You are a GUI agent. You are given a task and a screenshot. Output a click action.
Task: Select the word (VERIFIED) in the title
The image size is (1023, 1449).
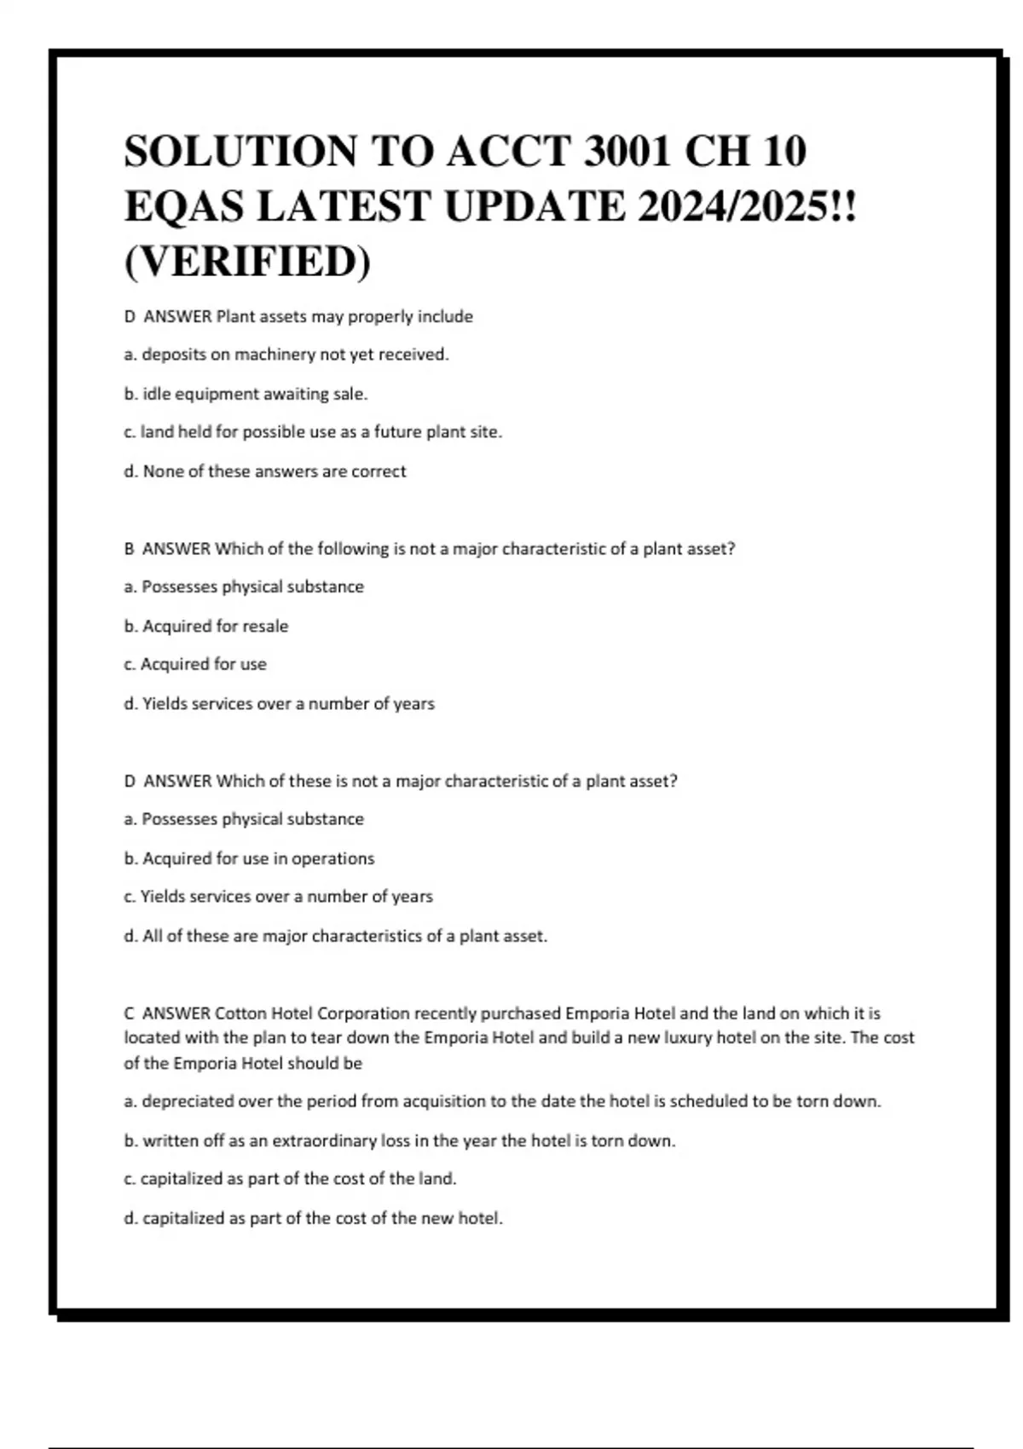click(x=247, y=261)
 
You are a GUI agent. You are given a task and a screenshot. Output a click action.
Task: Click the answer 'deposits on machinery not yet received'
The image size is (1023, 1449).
click(x=286, y=355)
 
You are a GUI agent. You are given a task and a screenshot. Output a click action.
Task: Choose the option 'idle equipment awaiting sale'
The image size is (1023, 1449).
click(x=246, y=394)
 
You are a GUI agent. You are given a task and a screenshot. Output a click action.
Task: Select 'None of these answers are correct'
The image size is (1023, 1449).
click(x=265, y=471)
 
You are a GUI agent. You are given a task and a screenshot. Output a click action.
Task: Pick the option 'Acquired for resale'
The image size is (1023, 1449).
click(x=206, y=626)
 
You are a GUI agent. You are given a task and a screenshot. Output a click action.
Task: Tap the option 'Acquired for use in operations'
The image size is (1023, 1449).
click(x=249, y=858)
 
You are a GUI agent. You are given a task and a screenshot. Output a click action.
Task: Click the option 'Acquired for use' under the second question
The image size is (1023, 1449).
click(x=195, y=664)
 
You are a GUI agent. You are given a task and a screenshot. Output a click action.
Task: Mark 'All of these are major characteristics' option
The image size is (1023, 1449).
click(x=336, y=936)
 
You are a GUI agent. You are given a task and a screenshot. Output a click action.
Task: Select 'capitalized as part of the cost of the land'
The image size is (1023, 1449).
click(x=290, y=1179)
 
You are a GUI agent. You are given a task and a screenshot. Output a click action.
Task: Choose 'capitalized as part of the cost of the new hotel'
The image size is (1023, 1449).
click(x=314, y=1218)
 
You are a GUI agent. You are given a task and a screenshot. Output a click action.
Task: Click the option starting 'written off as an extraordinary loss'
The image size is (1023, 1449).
click(x=400, y=1140)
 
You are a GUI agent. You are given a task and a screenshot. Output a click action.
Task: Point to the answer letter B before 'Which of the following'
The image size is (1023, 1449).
click(x=130, y=549)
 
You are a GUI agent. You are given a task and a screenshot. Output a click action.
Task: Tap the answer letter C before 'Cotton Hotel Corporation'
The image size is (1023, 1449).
click(x=130, y=1013)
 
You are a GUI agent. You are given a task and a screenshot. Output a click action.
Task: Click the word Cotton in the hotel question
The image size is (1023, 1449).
click(x=240, y=1013)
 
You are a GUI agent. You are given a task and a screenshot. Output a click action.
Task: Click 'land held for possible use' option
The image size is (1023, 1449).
click(x=313, y=432)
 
